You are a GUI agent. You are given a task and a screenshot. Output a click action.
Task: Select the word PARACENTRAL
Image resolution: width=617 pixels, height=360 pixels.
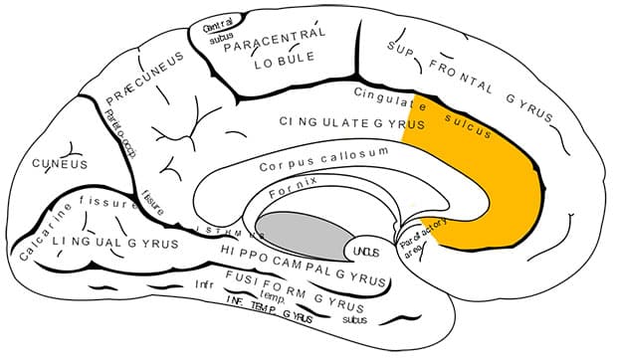pos(274,40)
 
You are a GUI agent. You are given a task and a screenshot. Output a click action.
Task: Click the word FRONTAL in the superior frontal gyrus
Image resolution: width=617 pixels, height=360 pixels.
pos(466,74)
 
